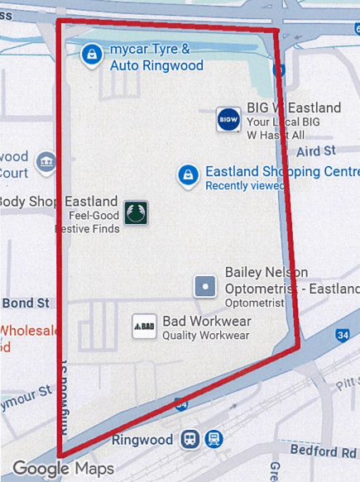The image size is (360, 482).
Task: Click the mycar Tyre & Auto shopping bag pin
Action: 90,55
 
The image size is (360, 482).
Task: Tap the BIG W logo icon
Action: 228,119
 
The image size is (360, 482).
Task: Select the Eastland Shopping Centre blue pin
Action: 189,174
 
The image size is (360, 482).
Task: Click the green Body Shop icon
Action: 135,212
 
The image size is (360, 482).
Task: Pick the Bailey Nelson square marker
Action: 204,287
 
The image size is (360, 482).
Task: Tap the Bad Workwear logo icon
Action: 145,327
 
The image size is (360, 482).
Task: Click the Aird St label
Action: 314,151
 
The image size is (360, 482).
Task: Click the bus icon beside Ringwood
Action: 191,439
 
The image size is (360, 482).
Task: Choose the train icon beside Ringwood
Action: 214,439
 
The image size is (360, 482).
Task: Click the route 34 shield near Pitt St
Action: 342,336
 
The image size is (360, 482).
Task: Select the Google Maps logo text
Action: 63,469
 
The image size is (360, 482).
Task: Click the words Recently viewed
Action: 243,186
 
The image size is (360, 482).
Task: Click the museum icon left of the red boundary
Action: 46,159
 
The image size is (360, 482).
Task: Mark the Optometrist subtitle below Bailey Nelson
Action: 254,303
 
